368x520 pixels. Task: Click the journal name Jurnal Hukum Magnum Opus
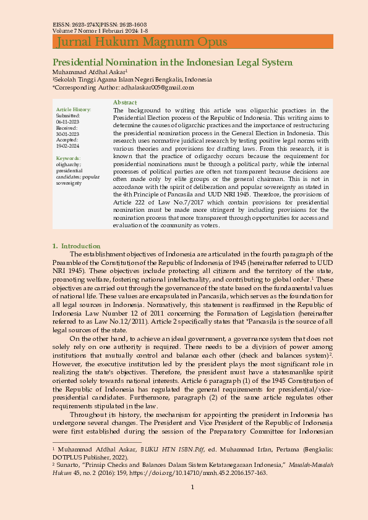coord(142,42)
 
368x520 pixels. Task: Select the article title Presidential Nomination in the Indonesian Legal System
coord(172,62)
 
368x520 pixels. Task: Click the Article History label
coord(73,109)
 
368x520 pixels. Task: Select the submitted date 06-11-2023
coord(67,122)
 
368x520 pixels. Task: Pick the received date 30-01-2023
coord(67,133)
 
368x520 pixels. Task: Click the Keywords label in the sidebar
coord(68,158)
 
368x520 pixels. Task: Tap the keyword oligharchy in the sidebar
coord(69,164)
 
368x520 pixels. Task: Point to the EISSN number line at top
coord(100,24)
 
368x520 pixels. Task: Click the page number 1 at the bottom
coord(192,488)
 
